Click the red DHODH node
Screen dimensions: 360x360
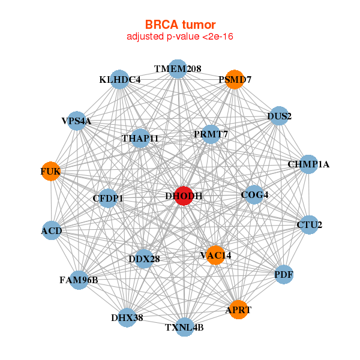tap(184, 196)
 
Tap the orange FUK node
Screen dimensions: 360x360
tap(50, 172)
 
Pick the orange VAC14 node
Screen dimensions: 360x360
tap(215, 256)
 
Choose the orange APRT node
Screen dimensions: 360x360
tap(238, 310)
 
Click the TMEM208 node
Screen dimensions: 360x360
tap(177, 69)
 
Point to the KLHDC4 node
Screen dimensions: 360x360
tap(120, 80)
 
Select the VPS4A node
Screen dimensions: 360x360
tap(76, 121)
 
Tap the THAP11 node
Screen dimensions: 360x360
tap(140, 139)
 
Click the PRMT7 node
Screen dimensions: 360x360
tap(211, 134)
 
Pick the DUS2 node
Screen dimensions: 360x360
tap(279, 116)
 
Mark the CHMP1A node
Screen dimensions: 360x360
tap(308, 164)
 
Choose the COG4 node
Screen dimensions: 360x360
tap(254, 194)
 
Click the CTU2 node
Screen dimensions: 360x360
tap(309, 226)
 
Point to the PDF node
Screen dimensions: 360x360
tap(283, 275)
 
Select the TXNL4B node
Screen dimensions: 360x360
tap(185, 327)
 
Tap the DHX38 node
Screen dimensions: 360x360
tap(127, 317)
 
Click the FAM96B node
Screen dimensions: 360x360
tap(79, 280)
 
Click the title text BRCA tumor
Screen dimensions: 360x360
tap(180, 25)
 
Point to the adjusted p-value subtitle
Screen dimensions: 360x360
tap(180, 37)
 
